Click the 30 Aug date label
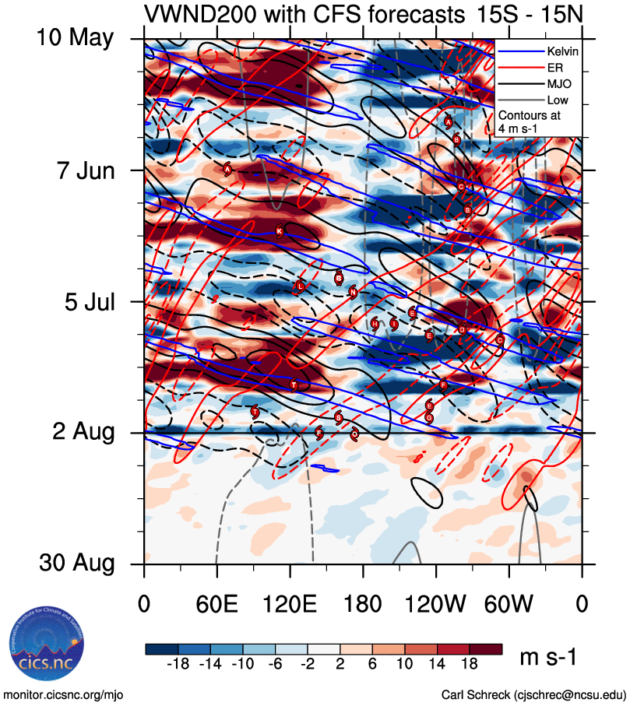(74, 564)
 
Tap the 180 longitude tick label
(363, 603)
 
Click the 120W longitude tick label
(436, 603)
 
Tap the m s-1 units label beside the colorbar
(549, 658)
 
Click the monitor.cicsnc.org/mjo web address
(64, 694)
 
